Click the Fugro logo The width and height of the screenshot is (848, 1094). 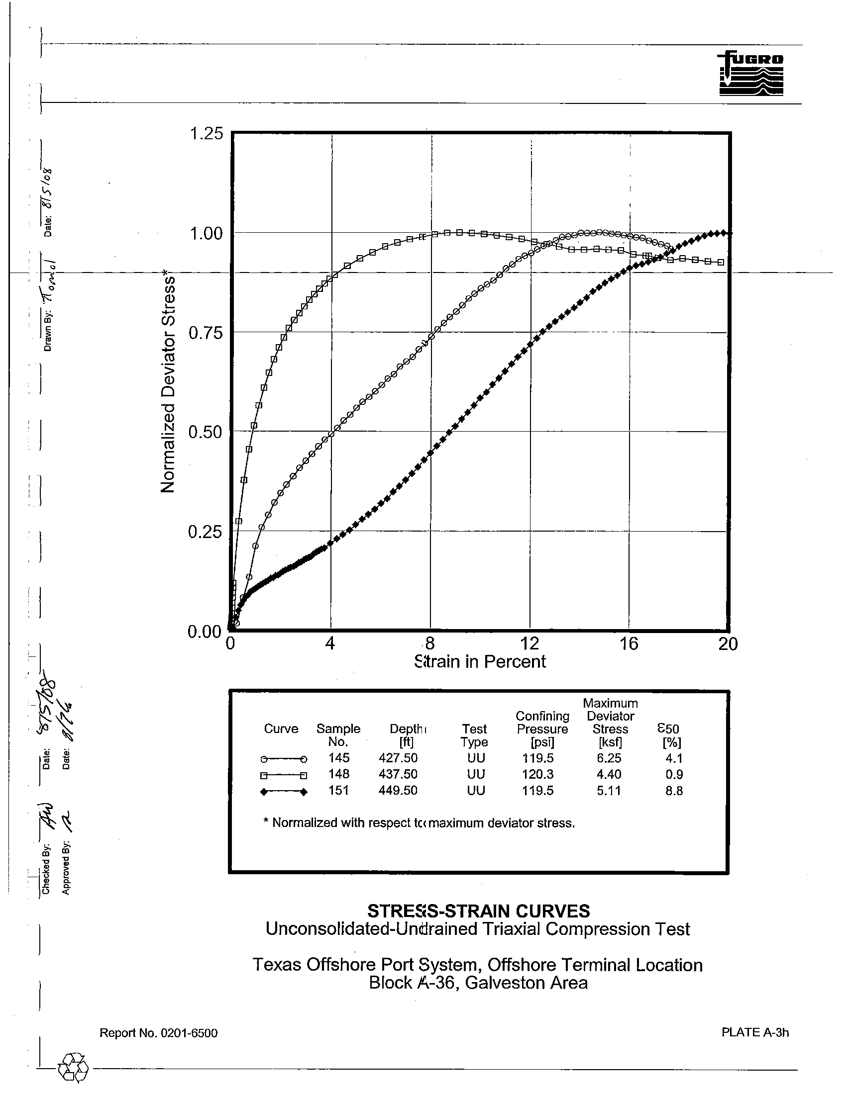click(751, 74)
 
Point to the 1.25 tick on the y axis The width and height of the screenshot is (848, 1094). click(206, 134)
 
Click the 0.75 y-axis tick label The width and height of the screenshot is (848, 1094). click(206, 333)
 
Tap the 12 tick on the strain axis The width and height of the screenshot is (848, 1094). click(529, 643)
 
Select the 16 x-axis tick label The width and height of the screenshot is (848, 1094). click(629, 643)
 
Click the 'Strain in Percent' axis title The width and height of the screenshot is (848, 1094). click(480, 662)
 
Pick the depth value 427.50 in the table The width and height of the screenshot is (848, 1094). click(398, 758)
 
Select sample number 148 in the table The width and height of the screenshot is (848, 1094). click(338, 774)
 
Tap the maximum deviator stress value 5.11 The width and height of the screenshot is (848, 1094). click(609, 790)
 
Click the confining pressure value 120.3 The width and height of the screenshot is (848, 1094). click(538, 774)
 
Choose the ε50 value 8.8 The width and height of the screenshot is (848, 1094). click(674, 791)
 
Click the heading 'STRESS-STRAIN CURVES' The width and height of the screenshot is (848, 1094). click(479, 910)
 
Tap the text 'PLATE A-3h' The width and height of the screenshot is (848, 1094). click(755, 1031)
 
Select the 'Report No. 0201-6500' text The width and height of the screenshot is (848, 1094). click(158, 1032)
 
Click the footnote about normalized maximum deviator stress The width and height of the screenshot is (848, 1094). click(419, 822)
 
